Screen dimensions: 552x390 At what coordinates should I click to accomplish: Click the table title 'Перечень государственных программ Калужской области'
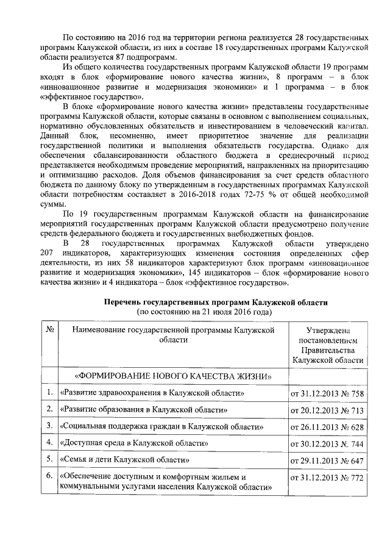(216, 302)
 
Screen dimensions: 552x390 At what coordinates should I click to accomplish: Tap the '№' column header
(49, 329)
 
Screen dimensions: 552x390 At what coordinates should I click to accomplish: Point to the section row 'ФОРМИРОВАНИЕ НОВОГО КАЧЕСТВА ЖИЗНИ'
(172, 375)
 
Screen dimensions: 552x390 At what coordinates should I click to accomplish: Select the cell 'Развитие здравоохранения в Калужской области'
(152, 393)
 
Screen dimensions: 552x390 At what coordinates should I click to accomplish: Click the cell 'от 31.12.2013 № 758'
(328, 393)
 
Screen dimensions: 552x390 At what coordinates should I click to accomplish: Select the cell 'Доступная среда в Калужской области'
(135, 441)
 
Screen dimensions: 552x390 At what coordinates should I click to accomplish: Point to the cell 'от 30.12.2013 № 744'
(328, 442)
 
